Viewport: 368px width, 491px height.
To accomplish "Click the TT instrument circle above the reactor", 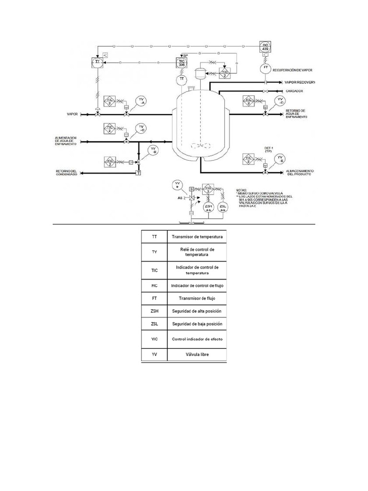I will coord(182,78).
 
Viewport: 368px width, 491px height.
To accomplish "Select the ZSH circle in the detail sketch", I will coord(208,207).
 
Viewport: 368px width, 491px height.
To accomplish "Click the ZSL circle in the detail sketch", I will coord(223,207).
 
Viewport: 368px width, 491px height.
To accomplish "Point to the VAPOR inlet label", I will coord(73,114).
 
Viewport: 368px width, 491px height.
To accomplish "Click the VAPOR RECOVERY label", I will coord(299,82).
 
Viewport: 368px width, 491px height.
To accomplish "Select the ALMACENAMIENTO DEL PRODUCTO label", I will coord(300,173).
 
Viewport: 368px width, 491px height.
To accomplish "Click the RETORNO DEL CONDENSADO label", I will coord(66,173).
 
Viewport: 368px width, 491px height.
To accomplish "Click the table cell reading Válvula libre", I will coord(196,355).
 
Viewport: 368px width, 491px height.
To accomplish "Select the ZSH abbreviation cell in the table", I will coord(154,311).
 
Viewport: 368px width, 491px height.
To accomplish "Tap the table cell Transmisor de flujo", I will coord(196,298).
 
